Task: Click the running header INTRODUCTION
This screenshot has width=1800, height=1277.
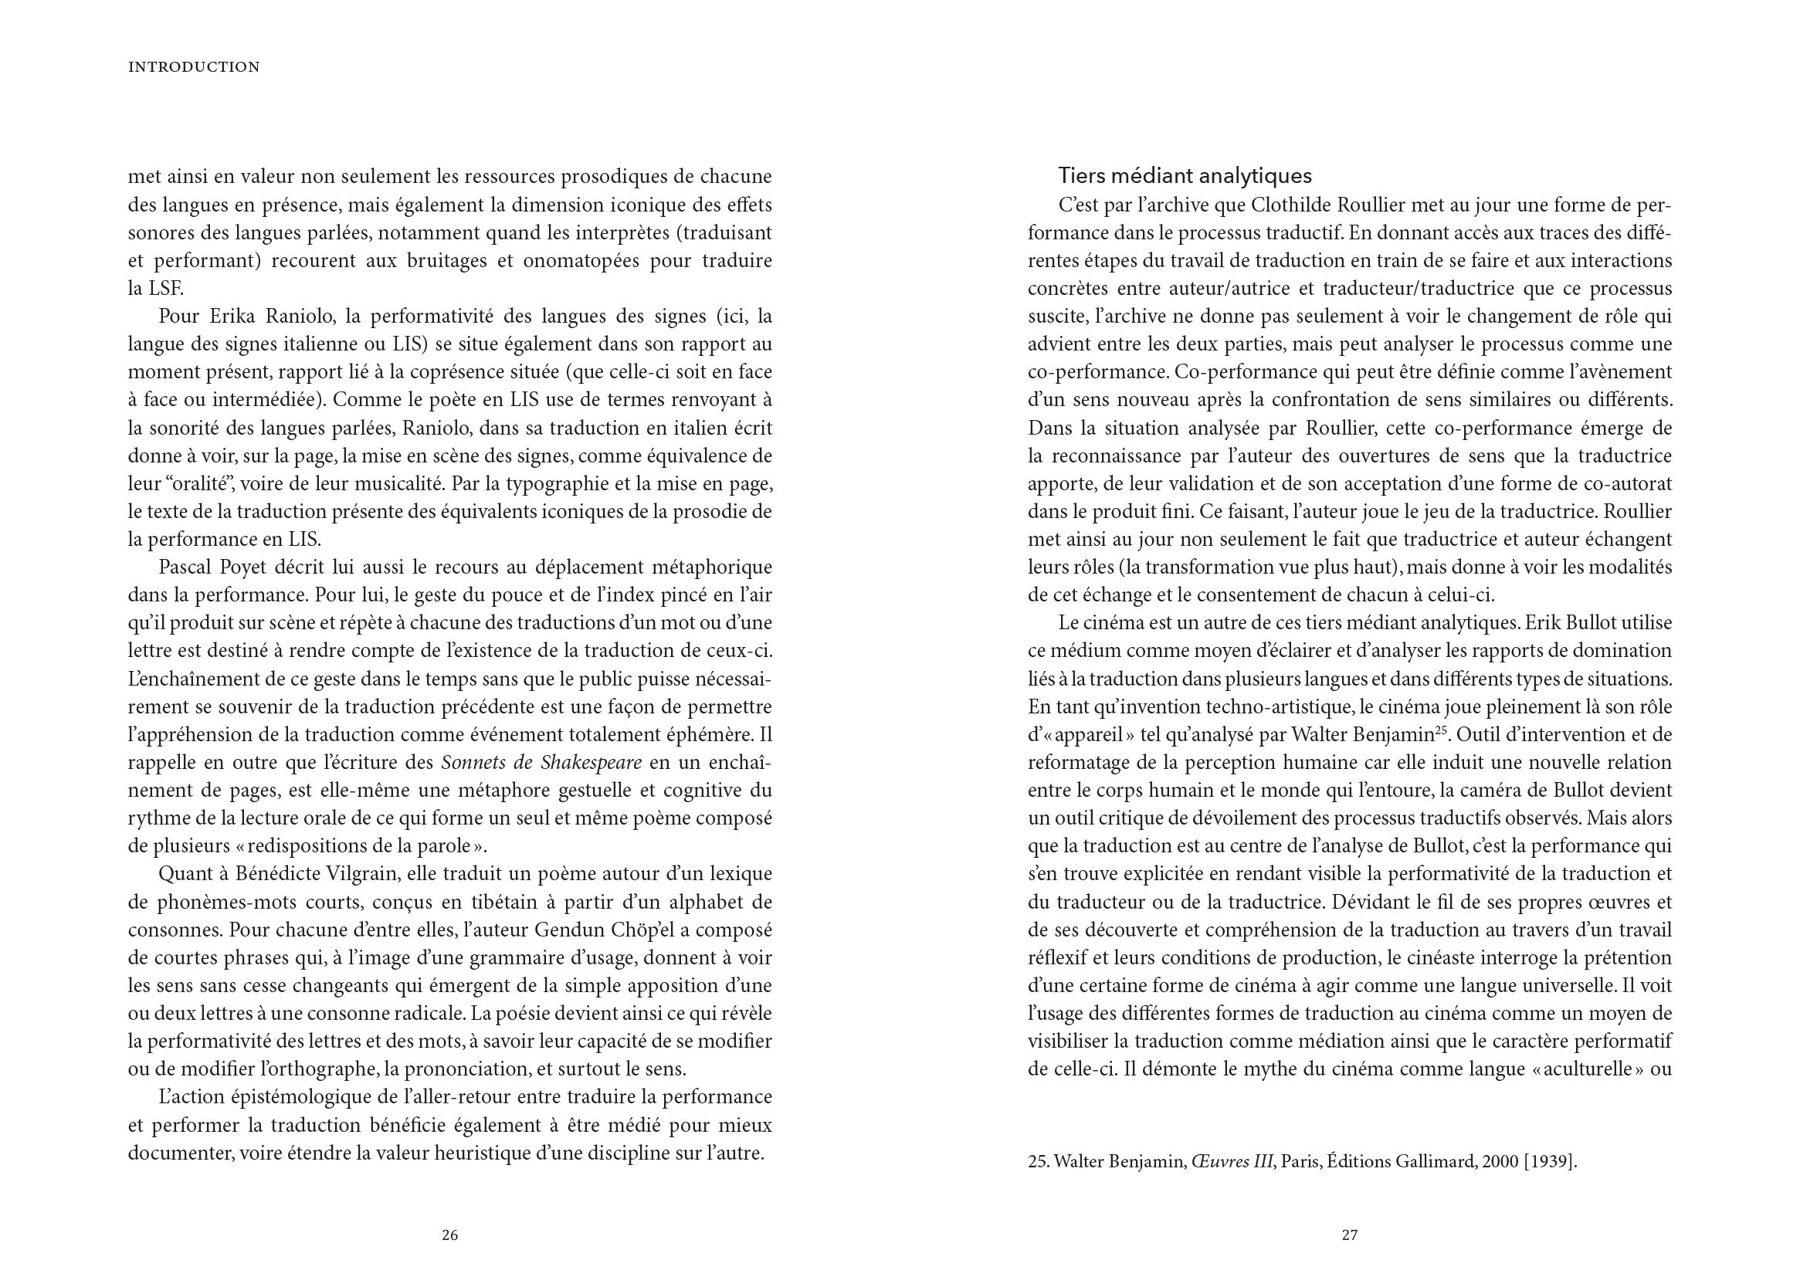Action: click(x=194, y=68)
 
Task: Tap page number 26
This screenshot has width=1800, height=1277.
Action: click(x=449, y=1235)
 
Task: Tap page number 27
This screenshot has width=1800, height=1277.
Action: click(x=1349, y=1235)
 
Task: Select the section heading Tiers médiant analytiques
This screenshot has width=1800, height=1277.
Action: click(x=1185, y=175)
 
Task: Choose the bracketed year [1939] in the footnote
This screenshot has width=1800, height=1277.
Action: click(x=1550, y=1161)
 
